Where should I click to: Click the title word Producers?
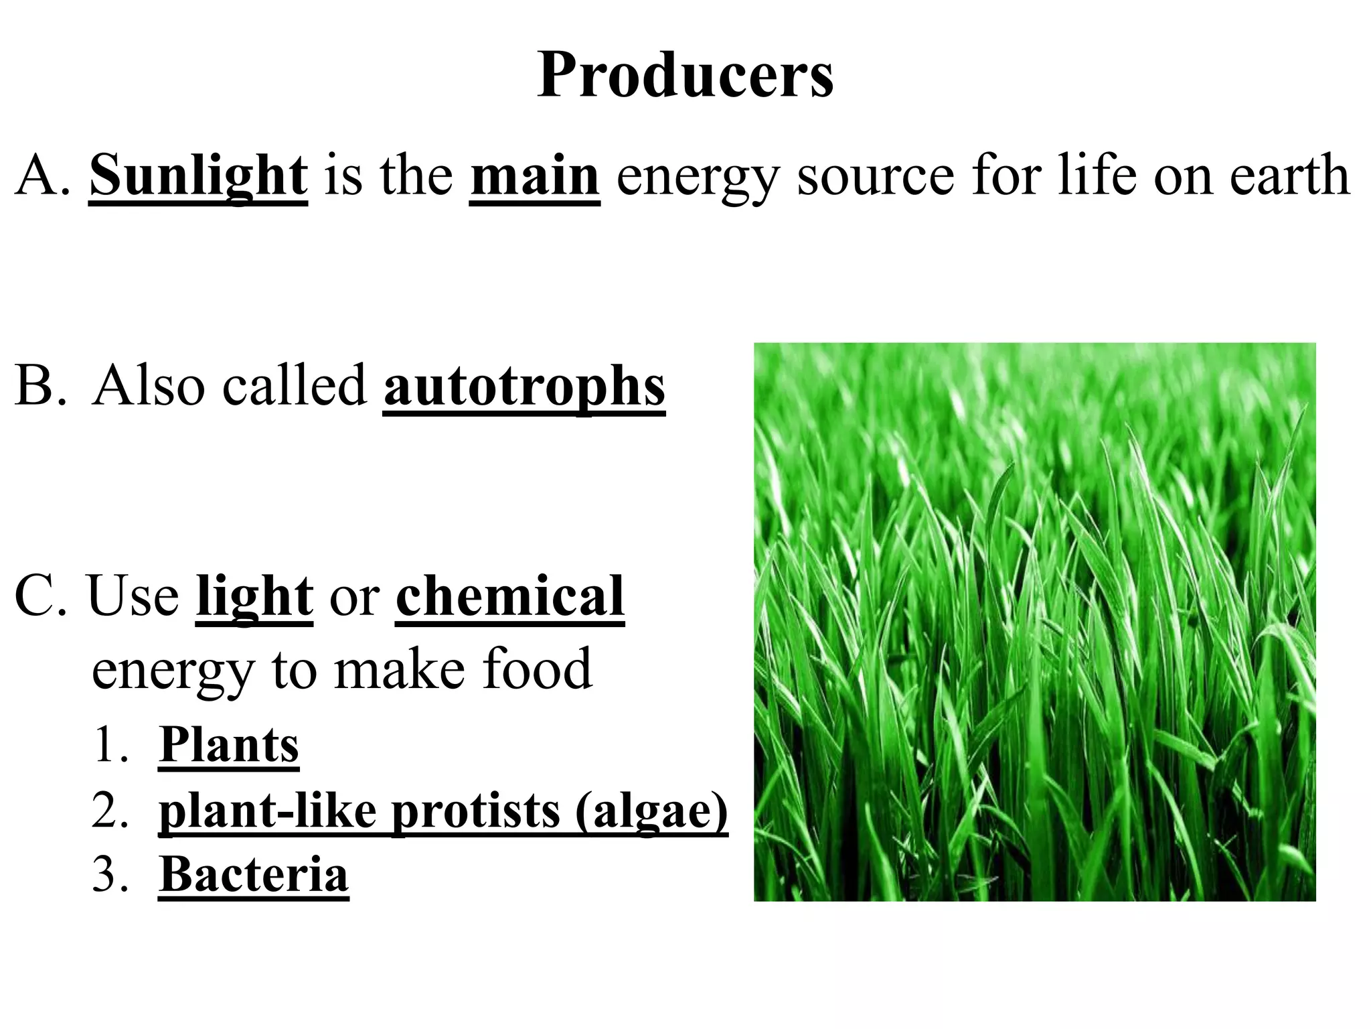tap(685, 76)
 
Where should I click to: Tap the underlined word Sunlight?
tap(198, 176)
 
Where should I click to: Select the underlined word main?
tap(534, 176)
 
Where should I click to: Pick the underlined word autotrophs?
tap(524, 387)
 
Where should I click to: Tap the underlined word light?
tap(254, 596)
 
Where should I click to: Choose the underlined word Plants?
tap(229, 744)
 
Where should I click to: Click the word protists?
tap(475, 811)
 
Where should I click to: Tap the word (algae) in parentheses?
tap(651, 811)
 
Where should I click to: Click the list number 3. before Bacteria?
tap(109, 874)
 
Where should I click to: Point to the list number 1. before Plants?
tap(109, 745)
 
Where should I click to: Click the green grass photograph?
tap(1034, 622)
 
